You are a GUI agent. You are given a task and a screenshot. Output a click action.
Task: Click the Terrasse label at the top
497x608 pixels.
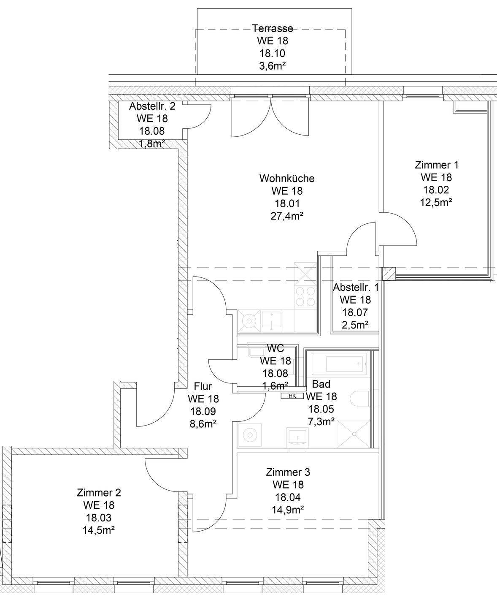[x=273, y=28]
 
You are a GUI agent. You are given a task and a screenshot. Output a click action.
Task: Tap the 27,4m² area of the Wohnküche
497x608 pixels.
[x=287, y=216]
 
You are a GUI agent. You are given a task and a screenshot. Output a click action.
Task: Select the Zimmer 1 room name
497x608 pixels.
[x=436, y=165]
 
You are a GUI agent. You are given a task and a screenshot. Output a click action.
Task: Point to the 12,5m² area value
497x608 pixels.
[x=436, y=202]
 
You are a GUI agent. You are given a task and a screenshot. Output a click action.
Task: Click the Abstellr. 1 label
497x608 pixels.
[x=356, y=288]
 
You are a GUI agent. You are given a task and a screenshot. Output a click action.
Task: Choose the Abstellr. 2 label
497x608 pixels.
[x=152, y=106]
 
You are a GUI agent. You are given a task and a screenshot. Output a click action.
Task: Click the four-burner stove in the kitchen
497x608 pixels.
[x=305, y=296]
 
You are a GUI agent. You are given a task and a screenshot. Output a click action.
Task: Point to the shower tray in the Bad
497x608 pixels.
[x=353, y=434]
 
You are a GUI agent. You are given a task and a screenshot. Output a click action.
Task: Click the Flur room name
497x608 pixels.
[x=203, y=386]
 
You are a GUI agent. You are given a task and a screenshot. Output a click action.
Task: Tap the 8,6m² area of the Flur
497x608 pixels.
[x=203, y=423]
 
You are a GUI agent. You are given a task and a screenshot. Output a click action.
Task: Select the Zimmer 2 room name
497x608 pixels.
[x=99, y=492]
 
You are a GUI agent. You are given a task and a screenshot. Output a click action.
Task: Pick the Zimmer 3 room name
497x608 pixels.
[x=288, y=472]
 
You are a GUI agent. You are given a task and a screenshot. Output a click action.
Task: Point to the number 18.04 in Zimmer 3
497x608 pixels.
[x=288, y=497]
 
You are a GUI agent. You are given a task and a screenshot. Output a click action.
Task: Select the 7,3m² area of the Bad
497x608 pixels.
[x=321, y=421]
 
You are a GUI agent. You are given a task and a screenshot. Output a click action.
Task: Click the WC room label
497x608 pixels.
[x=275, y=348]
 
